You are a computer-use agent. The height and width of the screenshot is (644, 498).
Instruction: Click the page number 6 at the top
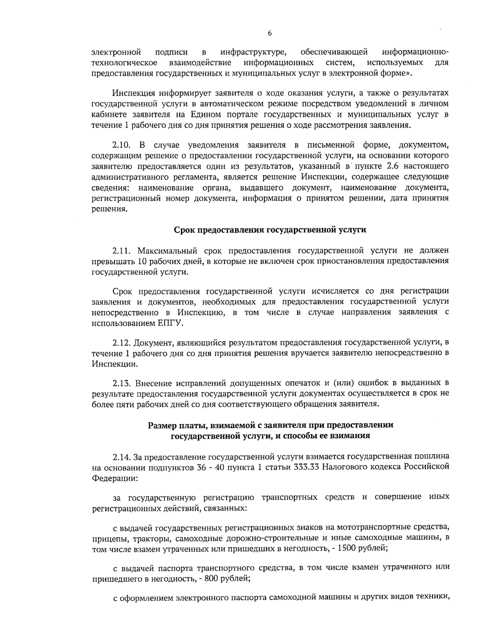coord(270,34)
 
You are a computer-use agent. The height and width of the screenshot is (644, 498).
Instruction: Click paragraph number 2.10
coord(122,145)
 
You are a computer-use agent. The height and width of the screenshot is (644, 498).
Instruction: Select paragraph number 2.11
coord(121,251)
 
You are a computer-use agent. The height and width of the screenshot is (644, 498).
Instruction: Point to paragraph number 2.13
coord(121,382)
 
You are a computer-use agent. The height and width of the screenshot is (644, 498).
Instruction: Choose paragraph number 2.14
coord(121,457)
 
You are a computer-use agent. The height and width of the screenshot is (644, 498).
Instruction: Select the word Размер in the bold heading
coord(162,425)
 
